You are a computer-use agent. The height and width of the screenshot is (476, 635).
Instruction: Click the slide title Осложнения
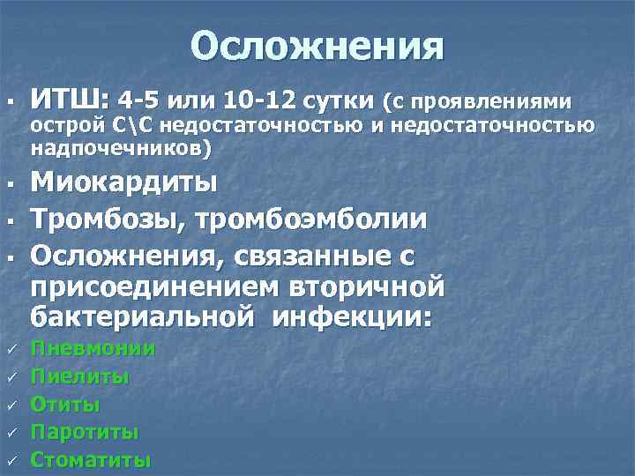point(317,47)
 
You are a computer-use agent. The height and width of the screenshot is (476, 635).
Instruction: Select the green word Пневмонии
point(93,349)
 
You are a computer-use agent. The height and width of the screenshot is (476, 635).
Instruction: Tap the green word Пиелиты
point(80,377)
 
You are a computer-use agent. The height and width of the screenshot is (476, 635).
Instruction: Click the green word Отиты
point(65,405)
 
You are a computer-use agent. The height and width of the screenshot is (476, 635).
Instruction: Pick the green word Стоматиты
point(91,460)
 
